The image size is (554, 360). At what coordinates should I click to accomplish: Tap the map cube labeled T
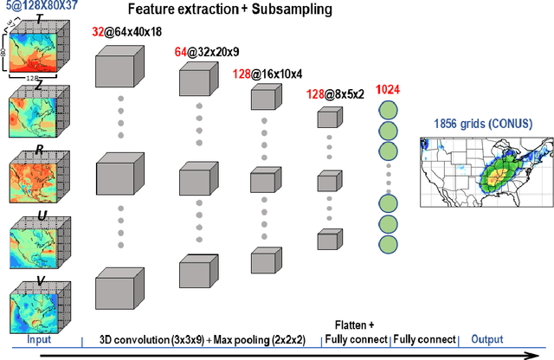[40, 56]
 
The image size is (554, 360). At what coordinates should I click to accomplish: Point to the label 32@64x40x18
[126, 32]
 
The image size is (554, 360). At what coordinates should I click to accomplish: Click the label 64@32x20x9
[205, 52]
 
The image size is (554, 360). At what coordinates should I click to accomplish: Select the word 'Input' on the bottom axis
[38, 340]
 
